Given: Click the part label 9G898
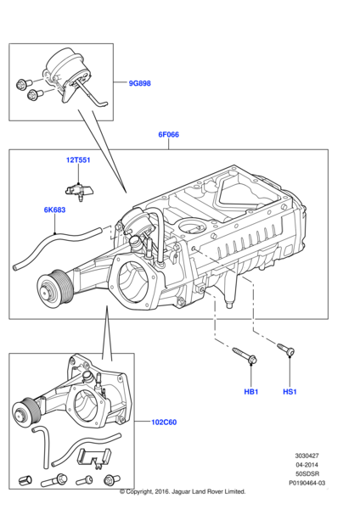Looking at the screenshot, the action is click(140, 83).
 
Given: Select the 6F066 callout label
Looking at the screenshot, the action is click(168, 134).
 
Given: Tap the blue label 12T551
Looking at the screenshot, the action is click(78, 160).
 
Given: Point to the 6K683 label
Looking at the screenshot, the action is click(54, 210).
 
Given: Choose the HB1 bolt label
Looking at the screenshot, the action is click(250, 392).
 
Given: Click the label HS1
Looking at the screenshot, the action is click(290, 392).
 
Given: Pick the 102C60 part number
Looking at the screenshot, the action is click(164, 422).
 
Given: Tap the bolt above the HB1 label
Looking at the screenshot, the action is click(245, 355).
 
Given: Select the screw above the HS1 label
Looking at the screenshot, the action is click(286, 350).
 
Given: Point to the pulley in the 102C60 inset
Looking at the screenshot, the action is click(26, 411).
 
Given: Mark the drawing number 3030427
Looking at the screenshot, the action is click(307, 456).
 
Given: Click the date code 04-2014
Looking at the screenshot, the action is click(307, 465).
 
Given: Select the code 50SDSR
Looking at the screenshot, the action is click(307, 474).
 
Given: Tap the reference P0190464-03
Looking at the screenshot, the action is click(307, 483).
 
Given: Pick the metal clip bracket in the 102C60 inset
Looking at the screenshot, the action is click(94, 456).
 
